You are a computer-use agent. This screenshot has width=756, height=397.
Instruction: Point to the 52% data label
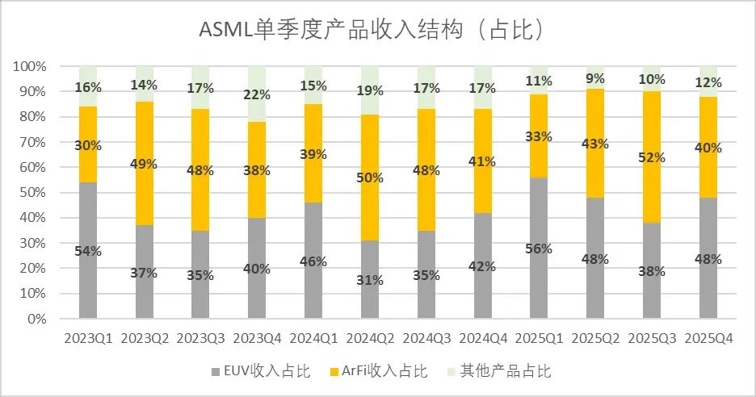tap(652, 157)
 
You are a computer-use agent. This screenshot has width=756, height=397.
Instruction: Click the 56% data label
tap(539, 249)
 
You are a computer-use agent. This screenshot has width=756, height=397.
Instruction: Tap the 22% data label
tap(257, 95)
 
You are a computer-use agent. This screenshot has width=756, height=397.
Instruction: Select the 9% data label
tap(595, 79)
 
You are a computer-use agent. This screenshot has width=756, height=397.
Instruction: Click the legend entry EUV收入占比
tap(259, 371)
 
